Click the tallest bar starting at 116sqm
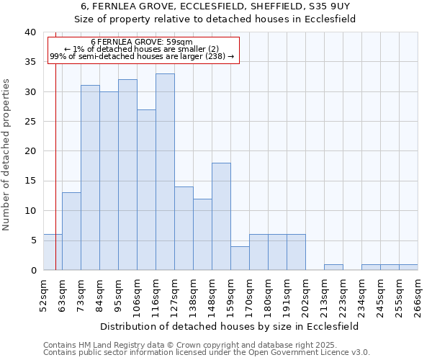pos(165,172)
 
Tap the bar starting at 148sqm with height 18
pos(221,217)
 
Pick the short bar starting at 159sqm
pos(240,258)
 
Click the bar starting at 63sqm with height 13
pos(71,231)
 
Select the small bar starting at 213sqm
pos(333,267)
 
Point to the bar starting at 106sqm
pos(146,190)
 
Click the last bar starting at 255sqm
pos(408,267)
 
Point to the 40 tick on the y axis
pos(30,32)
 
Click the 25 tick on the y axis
pos(30,122)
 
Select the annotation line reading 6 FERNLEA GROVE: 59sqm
pos(142,42)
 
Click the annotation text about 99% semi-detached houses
pos(142,56)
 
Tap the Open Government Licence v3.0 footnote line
pos(207,353)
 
